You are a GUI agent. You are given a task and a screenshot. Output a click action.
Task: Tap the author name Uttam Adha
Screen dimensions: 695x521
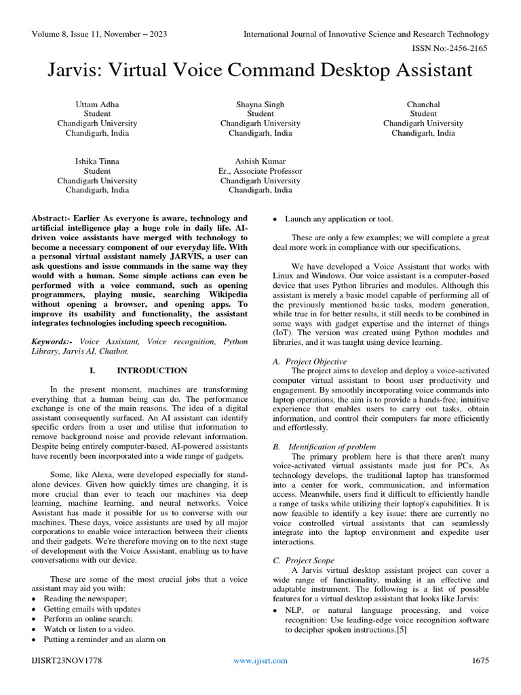tap(97, 105)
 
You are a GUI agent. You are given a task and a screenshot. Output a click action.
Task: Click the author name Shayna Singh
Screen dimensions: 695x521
tap(260, 105)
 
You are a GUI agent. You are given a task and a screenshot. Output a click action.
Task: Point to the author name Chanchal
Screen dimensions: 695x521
tap(423, 105)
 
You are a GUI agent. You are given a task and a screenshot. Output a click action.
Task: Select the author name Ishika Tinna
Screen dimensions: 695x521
tap(97, 162)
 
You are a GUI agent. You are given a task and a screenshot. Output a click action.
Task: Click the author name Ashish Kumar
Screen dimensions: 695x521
tap(260, 162)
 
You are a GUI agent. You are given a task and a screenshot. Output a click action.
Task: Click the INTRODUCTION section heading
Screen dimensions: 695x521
tap(152, 371)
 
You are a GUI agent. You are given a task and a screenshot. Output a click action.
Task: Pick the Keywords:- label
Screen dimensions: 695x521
tap(53, 342)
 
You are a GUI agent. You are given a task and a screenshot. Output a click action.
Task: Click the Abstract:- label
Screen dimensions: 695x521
tap(53, 219)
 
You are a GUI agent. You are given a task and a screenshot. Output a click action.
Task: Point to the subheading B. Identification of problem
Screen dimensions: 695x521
tap(324, 447)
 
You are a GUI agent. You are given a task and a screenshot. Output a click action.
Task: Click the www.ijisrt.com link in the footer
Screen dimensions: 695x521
tap(260, 660)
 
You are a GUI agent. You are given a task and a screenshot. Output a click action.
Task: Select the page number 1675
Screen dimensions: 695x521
tap(480, 660)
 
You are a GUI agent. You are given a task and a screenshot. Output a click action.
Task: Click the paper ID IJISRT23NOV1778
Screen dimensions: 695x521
tap(66, 660)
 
